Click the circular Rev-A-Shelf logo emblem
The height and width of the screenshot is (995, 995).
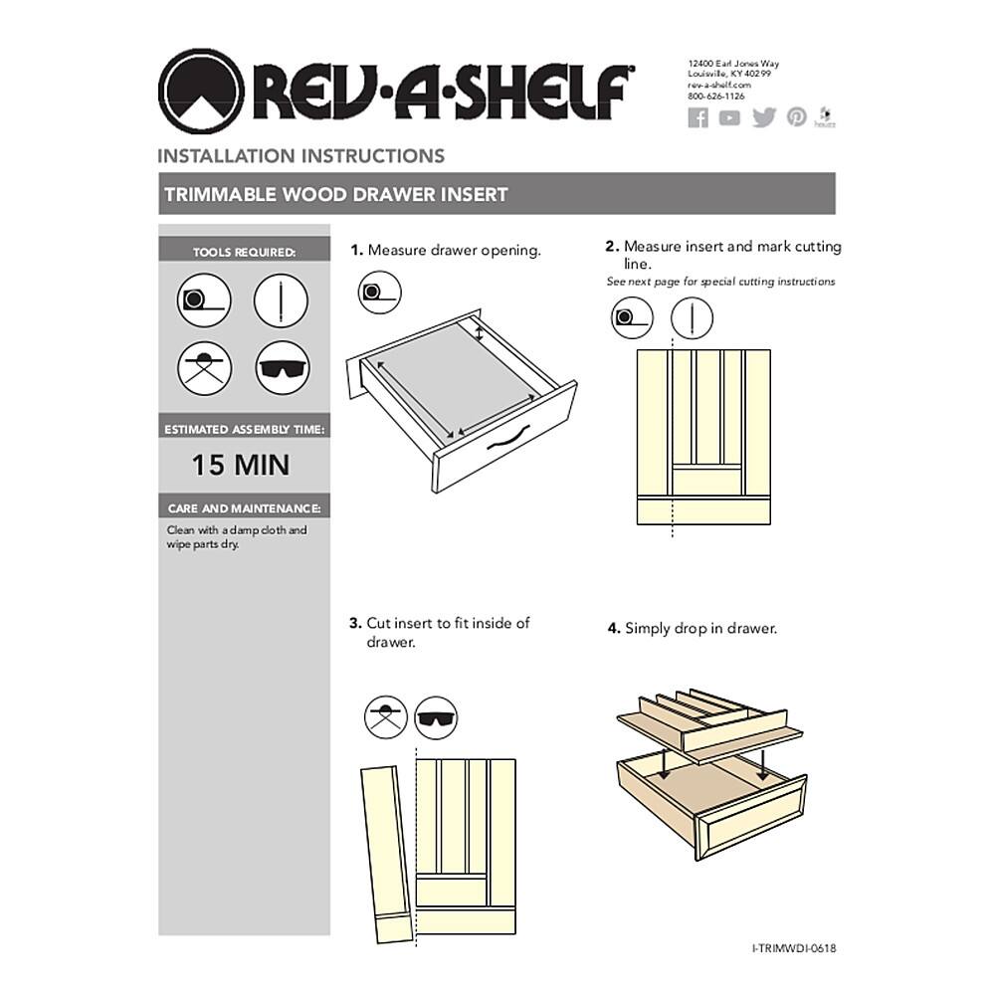201,93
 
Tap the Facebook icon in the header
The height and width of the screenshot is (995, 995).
698,117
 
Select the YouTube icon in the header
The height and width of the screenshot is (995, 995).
730,117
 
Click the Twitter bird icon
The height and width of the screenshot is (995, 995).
763,117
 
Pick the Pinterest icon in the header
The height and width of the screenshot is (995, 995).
796,117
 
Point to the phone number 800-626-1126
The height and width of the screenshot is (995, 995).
716,97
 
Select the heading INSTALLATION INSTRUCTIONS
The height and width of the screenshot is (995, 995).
300,156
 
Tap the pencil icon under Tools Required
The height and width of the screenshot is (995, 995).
282,299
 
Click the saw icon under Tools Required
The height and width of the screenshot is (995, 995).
204,368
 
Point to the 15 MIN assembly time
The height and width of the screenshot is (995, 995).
241,465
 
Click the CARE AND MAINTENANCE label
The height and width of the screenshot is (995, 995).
244,508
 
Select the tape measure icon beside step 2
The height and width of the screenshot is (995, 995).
631,318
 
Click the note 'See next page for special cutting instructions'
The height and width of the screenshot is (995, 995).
720,282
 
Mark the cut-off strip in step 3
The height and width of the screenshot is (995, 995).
386,851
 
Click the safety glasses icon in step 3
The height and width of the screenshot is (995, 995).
436,716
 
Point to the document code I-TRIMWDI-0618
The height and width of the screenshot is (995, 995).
794,948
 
